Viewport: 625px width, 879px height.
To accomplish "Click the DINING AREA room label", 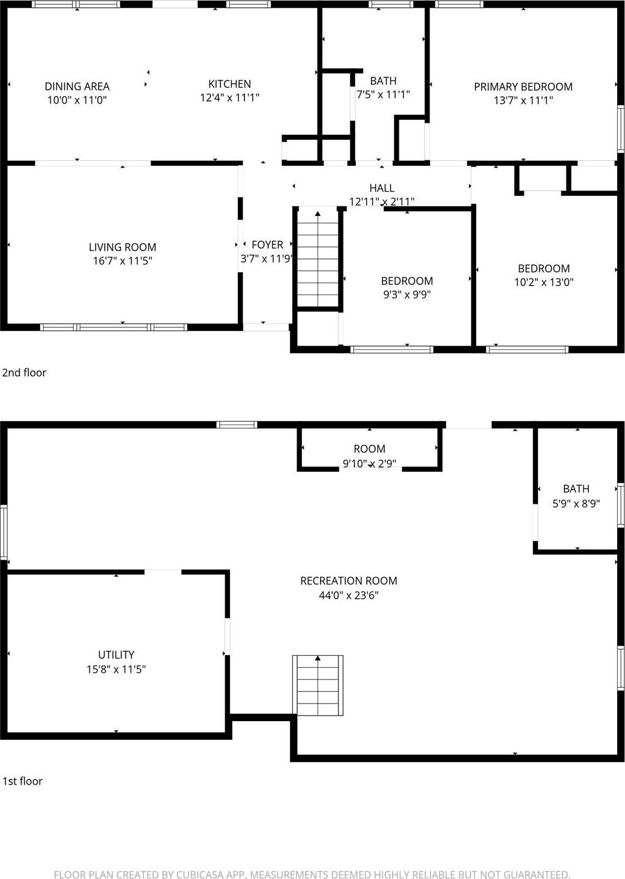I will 77,87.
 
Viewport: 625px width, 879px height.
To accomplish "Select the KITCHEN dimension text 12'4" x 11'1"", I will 229,97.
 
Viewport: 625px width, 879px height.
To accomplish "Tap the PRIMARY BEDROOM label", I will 523,87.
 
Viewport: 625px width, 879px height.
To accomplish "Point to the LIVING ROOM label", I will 122,247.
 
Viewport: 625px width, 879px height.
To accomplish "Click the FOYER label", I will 267,244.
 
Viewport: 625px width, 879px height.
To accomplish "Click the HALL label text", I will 382,188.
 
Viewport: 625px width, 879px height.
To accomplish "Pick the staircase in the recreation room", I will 318,685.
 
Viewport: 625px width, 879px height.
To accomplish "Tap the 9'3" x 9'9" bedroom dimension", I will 407,295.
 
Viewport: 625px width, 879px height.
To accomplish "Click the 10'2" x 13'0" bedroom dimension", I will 543,282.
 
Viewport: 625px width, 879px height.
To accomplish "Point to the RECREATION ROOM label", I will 348,581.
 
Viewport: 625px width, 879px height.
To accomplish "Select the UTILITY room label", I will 116,655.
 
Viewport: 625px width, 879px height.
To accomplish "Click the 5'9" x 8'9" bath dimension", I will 576,503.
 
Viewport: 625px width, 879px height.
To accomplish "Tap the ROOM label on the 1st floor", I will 369,449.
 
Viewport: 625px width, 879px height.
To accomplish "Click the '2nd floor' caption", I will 24,373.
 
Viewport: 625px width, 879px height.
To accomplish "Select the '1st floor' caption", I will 22,781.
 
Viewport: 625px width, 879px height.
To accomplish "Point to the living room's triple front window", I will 114,327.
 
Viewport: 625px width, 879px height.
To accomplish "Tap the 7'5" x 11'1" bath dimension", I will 383,94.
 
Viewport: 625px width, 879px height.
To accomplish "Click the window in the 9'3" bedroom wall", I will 391,349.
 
